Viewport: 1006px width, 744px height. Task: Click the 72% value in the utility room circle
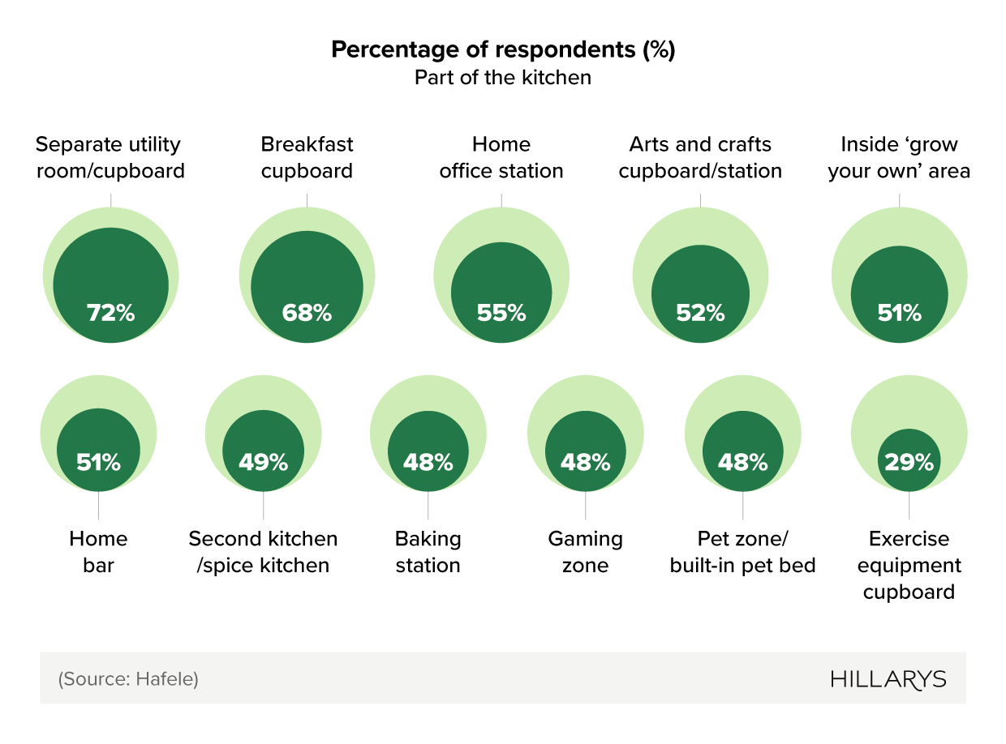tap(110, 313)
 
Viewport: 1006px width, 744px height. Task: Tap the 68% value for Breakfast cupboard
tap(307, 313)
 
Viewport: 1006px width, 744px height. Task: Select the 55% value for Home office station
tap(501, 313)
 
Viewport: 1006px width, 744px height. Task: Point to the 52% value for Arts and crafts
tap(699, 313)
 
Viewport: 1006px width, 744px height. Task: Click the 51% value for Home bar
tap(98, 463)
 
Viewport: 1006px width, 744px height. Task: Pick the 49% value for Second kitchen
tap(263, 463)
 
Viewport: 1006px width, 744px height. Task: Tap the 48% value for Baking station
tap(428, 463)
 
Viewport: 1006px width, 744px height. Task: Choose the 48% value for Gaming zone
tap(585, 463)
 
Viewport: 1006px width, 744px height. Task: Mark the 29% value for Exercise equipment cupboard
tap(909, 463)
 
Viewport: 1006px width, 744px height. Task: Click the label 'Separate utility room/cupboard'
tap(110, 158)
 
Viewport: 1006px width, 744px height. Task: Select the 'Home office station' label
tap(501, 158)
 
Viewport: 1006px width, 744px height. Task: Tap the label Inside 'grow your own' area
tap(899, 158)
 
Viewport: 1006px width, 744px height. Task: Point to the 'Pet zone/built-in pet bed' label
tap(742, 552)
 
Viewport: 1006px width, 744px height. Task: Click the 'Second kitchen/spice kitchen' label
tap(263, 552)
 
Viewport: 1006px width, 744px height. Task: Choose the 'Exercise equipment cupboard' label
tap(909, 565)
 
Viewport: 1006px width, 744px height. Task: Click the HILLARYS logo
tap(888, 679)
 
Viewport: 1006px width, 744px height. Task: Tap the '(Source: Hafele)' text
tap(128, 679)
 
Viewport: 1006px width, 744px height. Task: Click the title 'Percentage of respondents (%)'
tap(503, 50)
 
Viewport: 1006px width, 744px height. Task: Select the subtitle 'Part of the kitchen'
tap(503, 78)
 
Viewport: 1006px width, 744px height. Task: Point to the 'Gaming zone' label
tap(585, 552)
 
